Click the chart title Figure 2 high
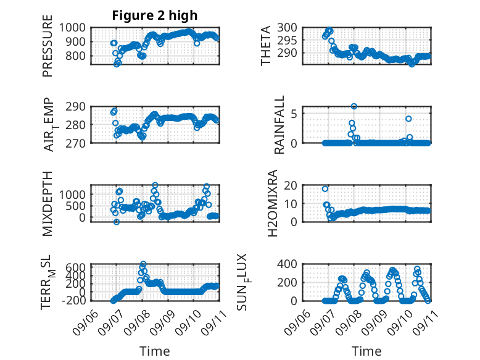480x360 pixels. [x=155, y=15]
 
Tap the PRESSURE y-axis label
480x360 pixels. [x=48, y=46]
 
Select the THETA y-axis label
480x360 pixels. [x=266, y=46]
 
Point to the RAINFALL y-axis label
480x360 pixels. [x=279, y=125]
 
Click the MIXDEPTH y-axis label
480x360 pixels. [x=48, y=203]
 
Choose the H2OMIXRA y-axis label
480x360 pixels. [x=272, y=203]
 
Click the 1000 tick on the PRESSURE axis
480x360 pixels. [x=72, y=28]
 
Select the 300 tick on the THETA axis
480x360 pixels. [x=287, y=27]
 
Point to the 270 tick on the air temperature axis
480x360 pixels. [x=75, y=143]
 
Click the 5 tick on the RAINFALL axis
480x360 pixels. [x=294, y=114]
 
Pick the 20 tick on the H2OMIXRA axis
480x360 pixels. [x=291, y=185]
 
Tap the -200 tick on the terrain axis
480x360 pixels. [x=74, y=301]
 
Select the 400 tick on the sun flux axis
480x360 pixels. [x=287, y=264]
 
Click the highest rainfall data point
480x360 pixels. [x=354, y=106]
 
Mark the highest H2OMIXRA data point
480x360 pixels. [x=325, y=189]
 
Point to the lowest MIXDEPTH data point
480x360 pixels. [x=117, y=222]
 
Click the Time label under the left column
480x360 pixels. [x=155, y=351]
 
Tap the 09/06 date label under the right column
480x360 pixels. [x=297, y=322]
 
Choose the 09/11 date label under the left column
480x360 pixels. [x=214, y=322]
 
